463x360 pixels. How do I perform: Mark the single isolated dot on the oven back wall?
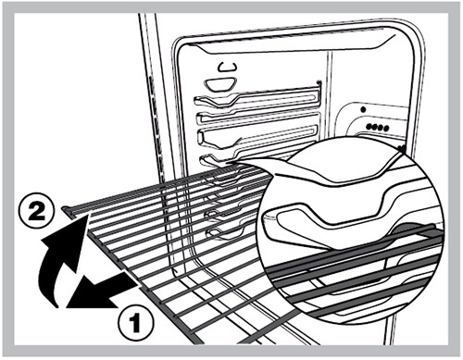click(363, 109)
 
